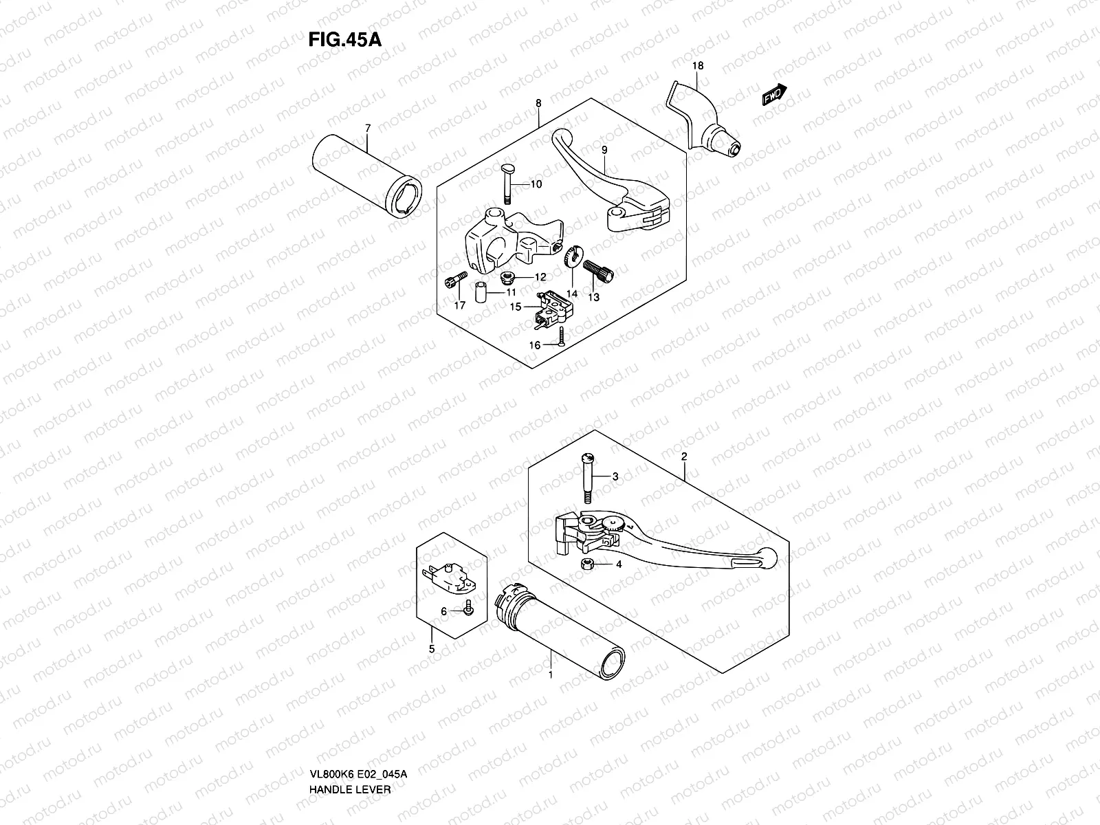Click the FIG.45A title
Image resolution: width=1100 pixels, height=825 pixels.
click(344, 38)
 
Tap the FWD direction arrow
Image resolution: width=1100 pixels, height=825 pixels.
click(773, 95)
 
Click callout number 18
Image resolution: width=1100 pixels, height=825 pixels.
click(698, 66)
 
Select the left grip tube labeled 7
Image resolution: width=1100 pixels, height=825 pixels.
click(368, 175)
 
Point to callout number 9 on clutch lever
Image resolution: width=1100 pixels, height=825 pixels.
click(604, 151)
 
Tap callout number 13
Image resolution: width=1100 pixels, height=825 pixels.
click(593, 297)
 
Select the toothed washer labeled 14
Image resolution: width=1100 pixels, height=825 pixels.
click(568, 259)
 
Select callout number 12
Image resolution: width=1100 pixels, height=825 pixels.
click(540, 277)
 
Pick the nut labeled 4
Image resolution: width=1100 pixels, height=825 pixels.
click(588, 564)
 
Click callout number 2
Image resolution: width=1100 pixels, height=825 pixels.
click(684, 456)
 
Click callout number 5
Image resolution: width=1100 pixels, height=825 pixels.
click(432, 648)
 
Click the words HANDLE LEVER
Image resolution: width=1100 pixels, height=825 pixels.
click(350, 751)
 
